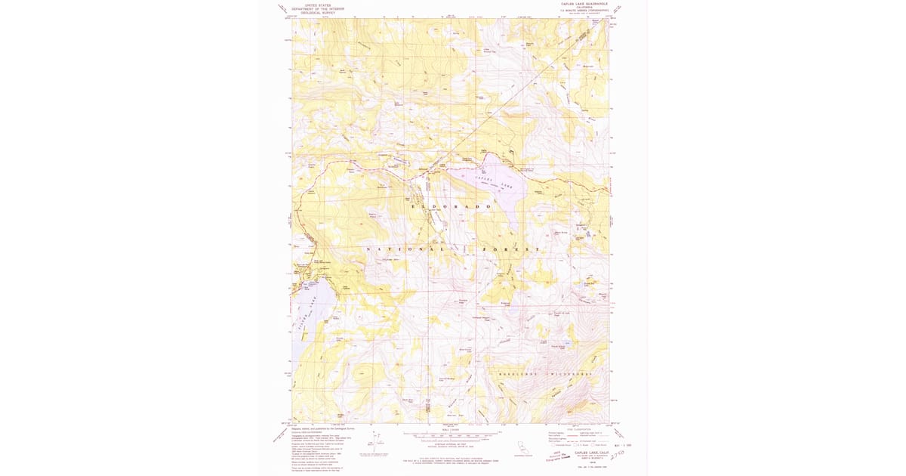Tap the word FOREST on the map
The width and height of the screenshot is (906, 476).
tap(521, 249)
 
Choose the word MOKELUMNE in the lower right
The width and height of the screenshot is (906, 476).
tap(521, 373)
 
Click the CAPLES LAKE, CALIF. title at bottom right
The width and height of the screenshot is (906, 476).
tap(589, 451)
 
